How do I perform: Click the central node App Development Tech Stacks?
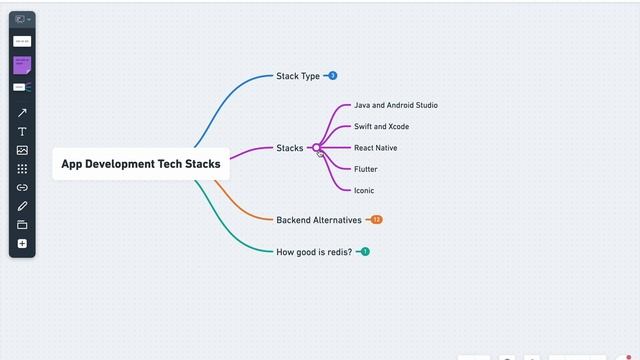click(x=141, y=164)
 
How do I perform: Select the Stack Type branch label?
click(x=298, y=76)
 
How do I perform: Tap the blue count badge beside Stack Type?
click(x=333, y=76)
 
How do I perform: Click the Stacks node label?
click(x=289, y=148)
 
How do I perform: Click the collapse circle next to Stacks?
click(x=317, y=148)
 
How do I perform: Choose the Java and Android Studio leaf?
click(x=395, y=105)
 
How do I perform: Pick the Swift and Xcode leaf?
click(x=381, y=127)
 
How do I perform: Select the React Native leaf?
click(x=375, y=148)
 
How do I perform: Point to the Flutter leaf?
click(x=366, y=169)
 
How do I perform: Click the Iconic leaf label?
click(x=364, y=190)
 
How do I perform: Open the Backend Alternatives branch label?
click(x=318, y=220)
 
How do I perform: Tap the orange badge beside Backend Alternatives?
click(x=376, y=220)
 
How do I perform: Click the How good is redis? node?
click(x=314, y=252)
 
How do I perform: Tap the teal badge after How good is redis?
click(x=365, y=252)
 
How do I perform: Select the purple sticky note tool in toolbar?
click(x=22, y=64)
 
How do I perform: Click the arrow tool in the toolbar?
click(x=22, y=113)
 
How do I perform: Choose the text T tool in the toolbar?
click(x=22, y=132)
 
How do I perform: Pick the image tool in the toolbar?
click(x=22, y=150)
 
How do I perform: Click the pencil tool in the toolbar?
click(x=22, y=206)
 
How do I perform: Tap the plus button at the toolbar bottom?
click(x=22, y=244)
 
